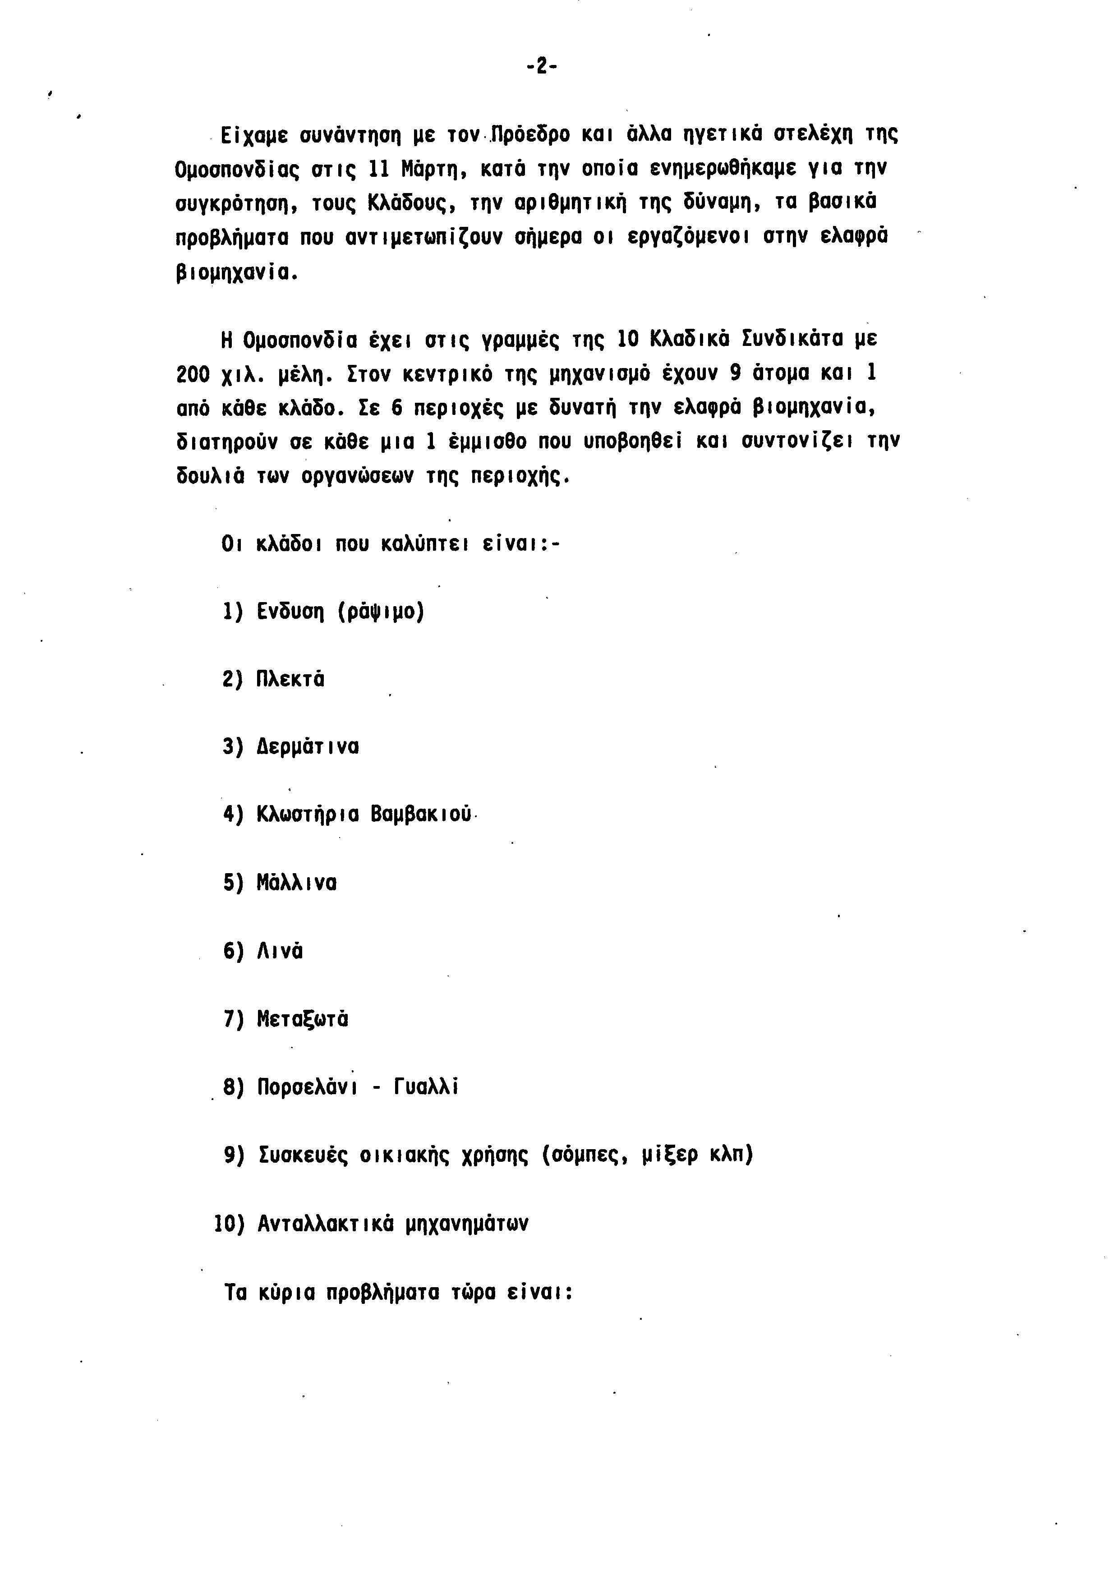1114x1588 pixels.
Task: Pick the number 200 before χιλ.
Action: click(x=193, y=374)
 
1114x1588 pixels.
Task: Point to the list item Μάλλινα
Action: click(x=297, y=883)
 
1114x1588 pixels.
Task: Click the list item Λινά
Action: click(x=280, y=952)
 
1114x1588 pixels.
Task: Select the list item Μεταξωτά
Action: click(x=302, y=1019)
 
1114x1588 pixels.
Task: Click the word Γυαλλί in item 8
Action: click(x=426, y=1087)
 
